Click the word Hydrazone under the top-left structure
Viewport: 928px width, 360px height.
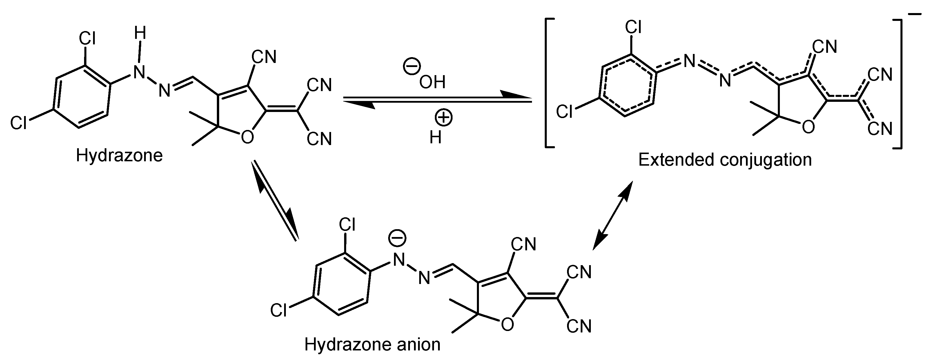(x=119, y=156)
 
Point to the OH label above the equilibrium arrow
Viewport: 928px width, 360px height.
(x=432, y=82)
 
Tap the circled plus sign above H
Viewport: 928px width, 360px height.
(x=444, y=118)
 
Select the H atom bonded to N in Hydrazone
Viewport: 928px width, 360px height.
(x=140, y=34)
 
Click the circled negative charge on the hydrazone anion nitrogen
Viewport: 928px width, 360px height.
(x=397, y=238)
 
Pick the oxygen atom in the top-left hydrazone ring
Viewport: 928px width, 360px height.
(x=247, y=137)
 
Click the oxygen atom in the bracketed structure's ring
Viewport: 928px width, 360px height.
(x=808, y=127)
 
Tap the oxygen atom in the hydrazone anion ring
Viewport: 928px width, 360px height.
(x=507, y=325)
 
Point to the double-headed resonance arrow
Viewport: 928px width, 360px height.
(x=612, y=216)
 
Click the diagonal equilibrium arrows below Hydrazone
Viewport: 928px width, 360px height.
(x=275, y=200)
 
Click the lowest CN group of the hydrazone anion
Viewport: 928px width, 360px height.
(x=579, y=326)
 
